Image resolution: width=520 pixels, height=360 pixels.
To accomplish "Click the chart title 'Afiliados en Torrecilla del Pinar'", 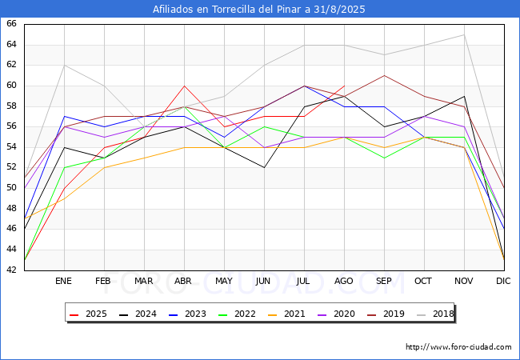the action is (x=231, y=10).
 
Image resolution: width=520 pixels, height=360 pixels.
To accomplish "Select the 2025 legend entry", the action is (x=89, y=314).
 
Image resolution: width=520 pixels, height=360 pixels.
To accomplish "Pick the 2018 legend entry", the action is (x=436, y=314).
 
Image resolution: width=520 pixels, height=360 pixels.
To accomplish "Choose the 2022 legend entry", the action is (x=237, y=314).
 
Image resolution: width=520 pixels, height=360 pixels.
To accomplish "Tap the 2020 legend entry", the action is (x=336, y=314).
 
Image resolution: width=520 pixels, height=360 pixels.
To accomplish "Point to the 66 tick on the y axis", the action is (x=11, y=24).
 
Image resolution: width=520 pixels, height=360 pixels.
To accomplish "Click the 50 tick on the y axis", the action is (x=11, y=188).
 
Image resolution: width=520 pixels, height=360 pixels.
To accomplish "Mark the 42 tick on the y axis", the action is (x=11, y=270).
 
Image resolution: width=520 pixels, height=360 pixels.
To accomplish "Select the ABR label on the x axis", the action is (x=183, y=281).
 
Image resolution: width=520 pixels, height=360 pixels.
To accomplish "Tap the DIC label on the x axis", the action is (x=503, y=281).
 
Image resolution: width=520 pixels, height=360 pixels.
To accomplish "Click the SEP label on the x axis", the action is (x=384, y=281).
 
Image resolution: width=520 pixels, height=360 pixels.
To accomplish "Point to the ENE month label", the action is (x=63, y=281).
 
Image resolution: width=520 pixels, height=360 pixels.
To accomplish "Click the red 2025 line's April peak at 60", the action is (x=184, y=86).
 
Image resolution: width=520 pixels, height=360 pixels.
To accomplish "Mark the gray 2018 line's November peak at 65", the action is (x=464, y=35).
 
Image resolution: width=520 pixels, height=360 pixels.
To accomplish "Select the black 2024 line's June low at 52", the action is (x=264, y=168).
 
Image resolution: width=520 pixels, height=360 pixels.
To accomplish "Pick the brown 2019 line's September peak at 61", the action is (x=384, y=75).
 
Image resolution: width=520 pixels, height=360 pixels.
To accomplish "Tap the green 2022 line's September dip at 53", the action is (x=384, y=158).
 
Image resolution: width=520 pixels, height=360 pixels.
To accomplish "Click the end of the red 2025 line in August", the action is (x=345, y=86).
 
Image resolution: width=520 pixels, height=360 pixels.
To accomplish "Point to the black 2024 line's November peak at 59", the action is (x=464, y=96).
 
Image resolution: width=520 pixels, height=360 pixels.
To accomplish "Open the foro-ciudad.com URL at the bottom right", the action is (x=458, y=347).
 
